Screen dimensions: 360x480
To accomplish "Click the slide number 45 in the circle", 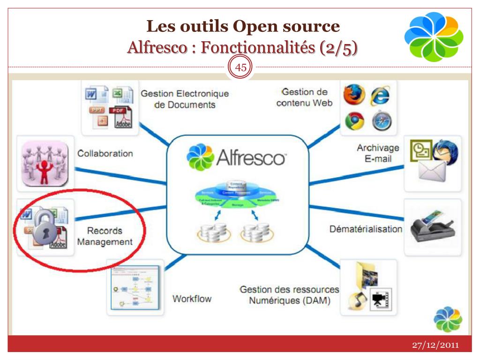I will (240, 67).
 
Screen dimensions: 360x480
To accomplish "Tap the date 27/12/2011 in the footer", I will (435, 345).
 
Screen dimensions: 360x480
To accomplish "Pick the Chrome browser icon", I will (354, 121).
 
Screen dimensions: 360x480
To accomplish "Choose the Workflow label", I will (192, 299).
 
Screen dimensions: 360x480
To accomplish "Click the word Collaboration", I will (105, 153).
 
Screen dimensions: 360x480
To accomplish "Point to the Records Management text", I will (105, 237).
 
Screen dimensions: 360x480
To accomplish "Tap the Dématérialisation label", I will (366, 229).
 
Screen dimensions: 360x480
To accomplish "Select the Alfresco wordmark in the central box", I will (251, 158).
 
